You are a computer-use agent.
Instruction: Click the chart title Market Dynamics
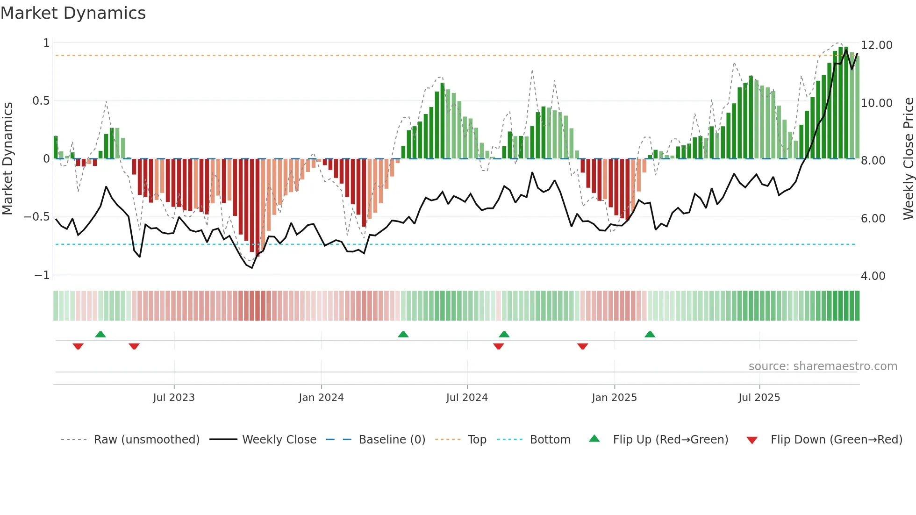click(x=73, y=13)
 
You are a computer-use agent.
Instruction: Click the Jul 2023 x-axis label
click(x=173, y=398)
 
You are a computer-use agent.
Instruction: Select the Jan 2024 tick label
click(x=321, y=398)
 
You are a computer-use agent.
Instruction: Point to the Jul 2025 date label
click(x=759, y=398)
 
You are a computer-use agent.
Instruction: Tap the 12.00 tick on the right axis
click(x=876, y=45)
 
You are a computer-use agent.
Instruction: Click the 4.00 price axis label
click(x=873, y=276)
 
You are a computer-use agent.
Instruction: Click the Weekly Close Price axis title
click(x=908, y=159)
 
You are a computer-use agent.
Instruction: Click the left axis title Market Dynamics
click(x=7, y=159)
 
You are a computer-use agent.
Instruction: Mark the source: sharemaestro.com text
click(x=823, y=366)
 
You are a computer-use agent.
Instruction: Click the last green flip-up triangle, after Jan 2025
click(x=650, y=335)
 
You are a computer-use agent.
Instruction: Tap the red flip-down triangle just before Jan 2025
click(x=582, y=346)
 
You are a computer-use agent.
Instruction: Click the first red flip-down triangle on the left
click(x=78, y=346)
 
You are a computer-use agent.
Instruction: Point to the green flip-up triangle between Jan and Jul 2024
click(x=403, y=335)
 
